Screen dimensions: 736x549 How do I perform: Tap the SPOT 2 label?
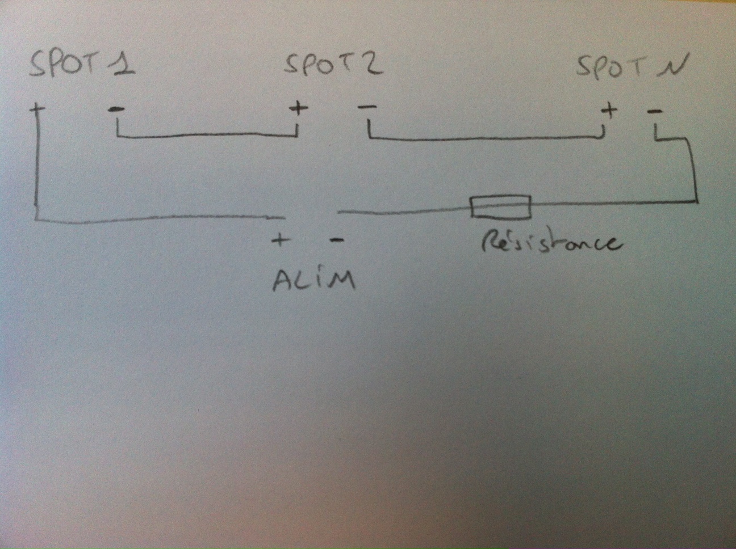[333, 65]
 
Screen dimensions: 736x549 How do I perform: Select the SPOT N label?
[630, 67]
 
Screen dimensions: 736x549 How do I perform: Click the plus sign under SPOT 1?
[37, 109]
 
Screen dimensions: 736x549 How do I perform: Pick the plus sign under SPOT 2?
[298, 108]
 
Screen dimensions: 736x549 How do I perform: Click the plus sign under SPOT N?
[609, 109]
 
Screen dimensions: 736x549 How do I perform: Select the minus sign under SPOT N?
[654, 111]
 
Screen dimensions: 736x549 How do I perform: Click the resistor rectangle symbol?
[500, 207]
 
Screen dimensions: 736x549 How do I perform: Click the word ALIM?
[314, 280]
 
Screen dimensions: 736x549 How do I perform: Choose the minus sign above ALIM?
[336, 240]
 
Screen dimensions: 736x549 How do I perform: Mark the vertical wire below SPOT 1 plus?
[36, 164]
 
